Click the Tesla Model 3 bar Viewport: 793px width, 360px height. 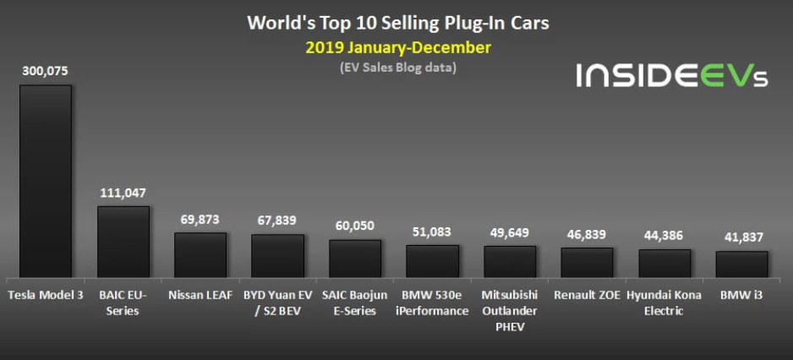(45, 182)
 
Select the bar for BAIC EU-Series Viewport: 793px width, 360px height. (123, 243)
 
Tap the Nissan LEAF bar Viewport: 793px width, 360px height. (200, 255)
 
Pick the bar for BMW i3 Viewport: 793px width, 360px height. (741, 265)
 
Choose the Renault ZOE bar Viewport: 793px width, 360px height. (587, 263)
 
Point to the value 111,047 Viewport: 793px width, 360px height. (123, 194)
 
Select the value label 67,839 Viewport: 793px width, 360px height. (277, 221)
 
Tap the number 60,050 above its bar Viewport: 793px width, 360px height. (355, 226)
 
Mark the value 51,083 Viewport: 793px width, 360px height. (432, 232)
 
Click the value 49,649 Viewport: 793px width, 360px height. (510, 232)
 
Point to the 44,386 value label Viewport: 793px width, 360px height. (664, 236)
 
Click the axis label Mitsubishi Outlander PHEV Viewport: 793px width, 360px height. (510, 310)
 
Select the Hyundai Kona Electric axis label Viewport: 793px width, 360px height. (664, 303)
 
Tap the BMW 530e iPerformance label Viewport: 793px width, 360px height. (432, 303)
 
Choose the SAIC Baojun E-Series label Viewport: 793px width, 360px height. (355, 303)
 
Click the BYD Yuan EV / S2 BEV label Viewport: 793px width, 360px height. (277, 303)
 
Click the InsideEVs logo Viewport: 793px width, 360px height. (672, 75)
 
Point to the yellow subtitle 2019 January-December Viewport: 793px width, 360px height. (398, 47)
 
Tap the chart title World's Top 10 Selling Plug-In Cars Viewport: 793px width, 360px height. (398, 22)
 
